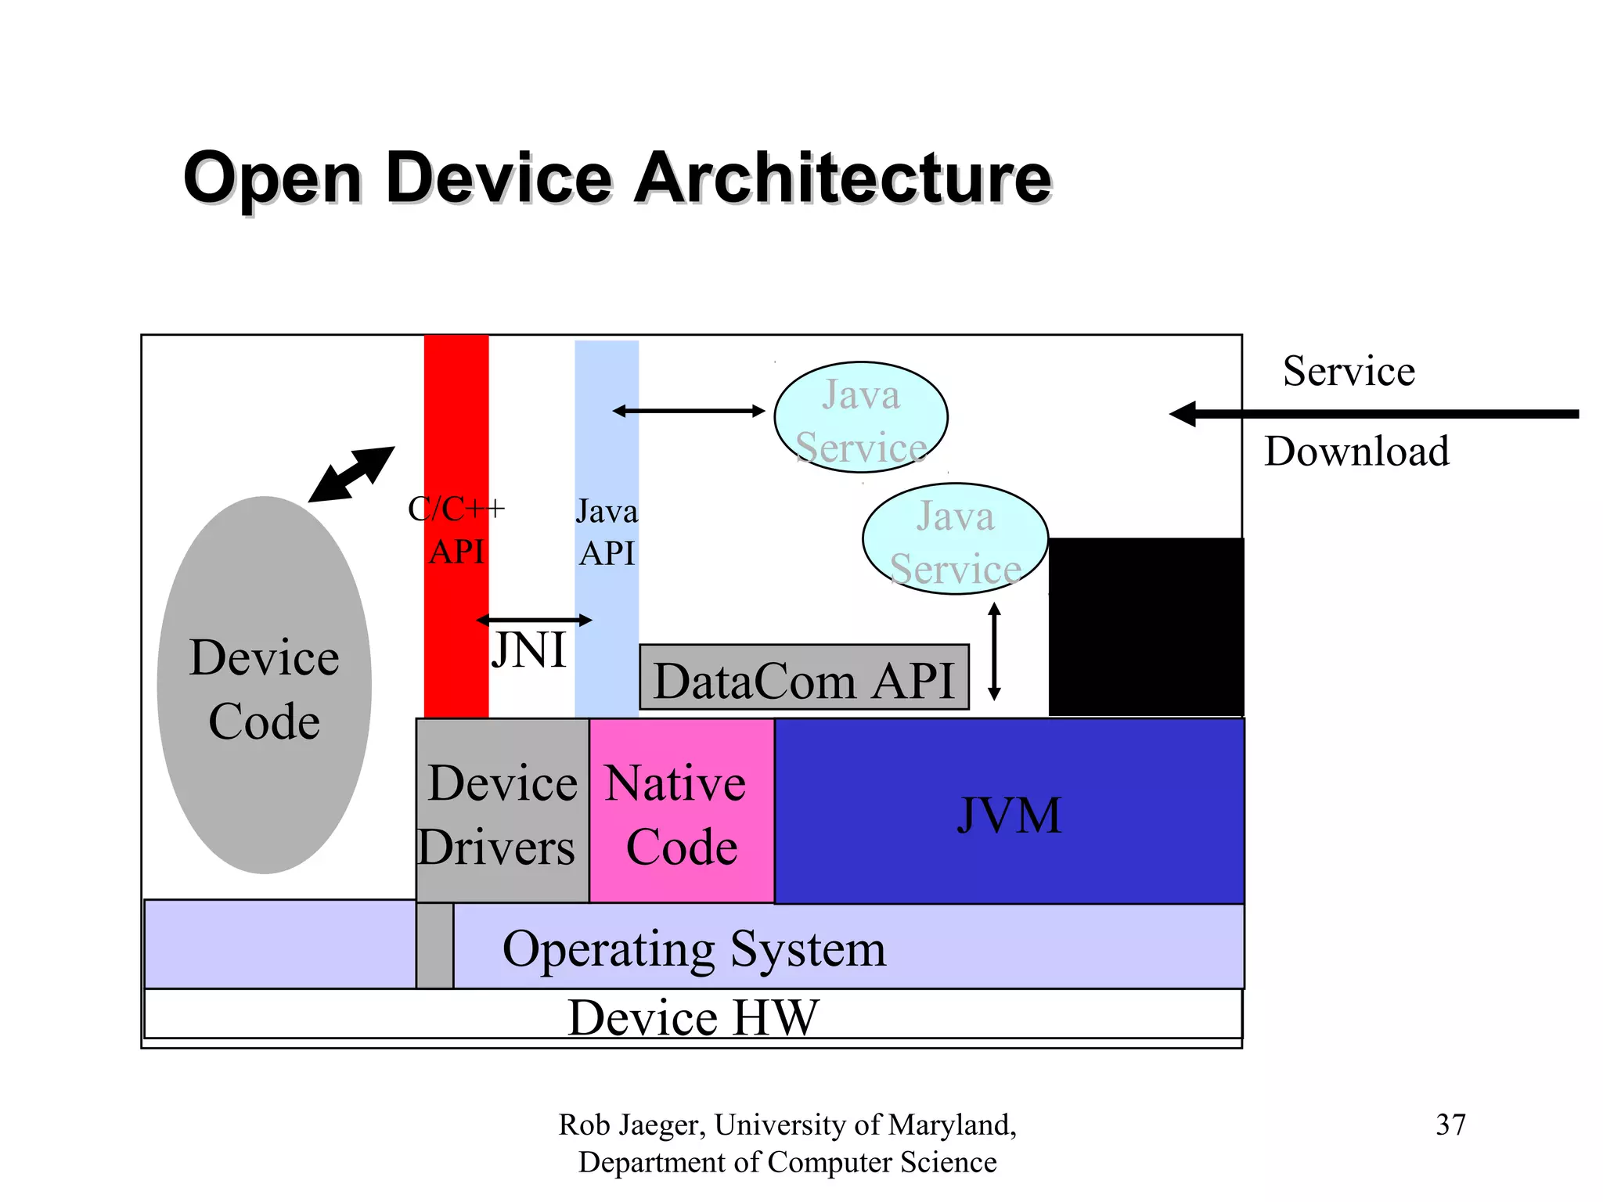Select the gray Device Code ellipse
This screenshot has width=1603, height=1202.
point(264,685)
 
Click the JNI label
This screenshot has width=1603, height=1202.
point(529,650)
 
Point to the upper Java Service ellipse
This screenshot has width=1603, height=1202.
point(860,417)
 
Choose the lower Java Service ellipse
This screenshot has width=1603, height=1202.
point(955,538)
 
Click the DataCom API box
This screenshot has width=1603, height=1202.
point(804,678)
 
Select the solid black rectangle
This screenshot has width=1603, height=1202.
point(1146,626)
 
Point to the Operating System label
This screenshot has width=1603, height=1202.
point(694,948)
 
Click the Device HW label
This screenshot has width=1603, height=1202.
point(693,1017)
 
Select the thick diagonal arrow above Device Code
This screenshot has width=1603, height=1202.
point(351,474)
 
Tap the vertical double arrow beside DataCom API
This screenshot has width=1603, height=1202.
point(994,651)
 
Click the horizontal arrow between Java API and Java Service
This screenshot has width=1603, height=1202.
point(688,411)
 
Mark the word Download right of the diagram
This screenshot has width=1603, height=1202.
point(1356,452)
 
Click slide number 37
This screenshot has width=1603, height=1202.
point(1450,1125)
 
